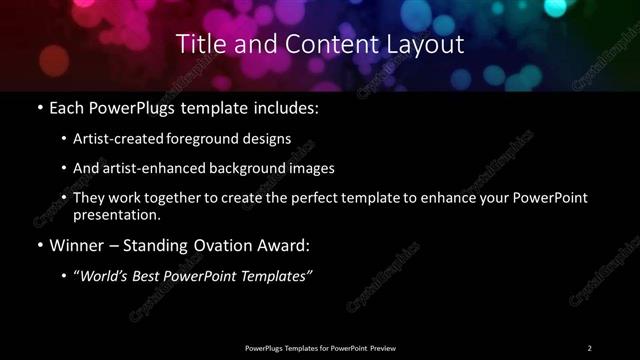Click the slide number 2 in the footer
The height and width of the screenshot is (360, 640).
click(589, 347)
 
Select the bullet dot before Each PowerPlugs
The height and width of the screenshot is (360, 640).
click(38, 105)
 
